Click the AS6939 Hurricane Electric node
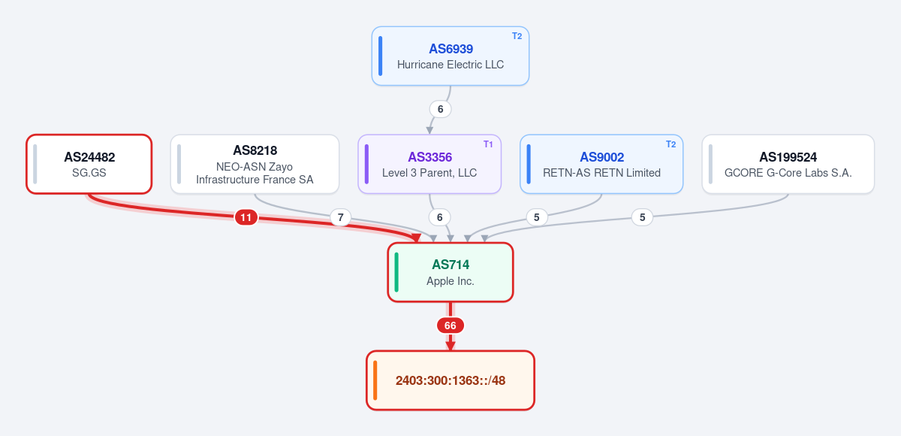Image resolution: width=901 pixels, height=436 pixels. pos(450,56)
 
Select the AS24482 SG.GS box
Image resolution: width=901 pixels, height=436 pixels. pos(89,164)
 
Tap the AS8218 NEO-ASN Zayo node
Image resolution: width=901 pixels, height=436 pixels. pos(255,164)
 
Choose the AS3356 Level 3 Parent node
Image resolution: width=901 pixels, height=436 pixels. pos(429,164)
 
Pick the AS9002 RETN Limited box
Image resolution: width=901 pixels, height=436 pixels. pos(601,164)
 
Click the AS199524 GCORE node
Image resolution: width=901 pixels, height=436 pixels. pos(788,164)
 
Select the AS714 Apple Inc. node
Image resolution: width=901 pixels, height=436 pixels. pos(450,272)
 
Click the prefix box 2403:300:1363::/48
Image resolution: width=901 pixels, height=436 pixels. pos(450,380)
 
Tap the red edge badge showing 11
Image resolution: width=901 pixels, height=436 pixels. pos(246,217)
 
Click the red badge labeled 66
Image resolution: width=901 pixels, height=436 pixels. pos(450,325)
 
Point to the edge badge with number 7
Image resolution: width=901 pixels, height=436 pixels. pos(340,217)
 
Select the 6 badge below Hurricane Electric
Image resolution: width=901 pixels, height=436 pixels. pos(441,109)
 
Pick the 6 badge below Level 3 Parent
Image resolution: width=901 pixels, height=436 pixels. pos(440,217)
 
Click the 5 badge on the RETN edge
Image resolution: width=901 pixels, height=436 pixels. pos(537,217)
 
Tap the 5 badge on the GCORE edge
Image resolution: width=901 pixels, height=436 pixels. pos(643,217)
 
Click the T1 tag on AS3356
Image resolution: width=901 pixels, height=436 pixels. pos(488,144)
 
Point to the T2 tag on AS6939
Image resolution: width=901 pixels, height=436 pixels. pos(517,36)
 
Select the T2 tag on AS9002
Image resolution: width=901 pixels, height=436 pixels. pos(670,144)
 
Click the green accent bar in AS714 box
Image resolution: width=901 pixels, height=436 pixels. pos(396,272)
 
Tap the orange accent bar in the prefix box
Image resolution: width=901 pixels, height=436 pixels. pos(375,380)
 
